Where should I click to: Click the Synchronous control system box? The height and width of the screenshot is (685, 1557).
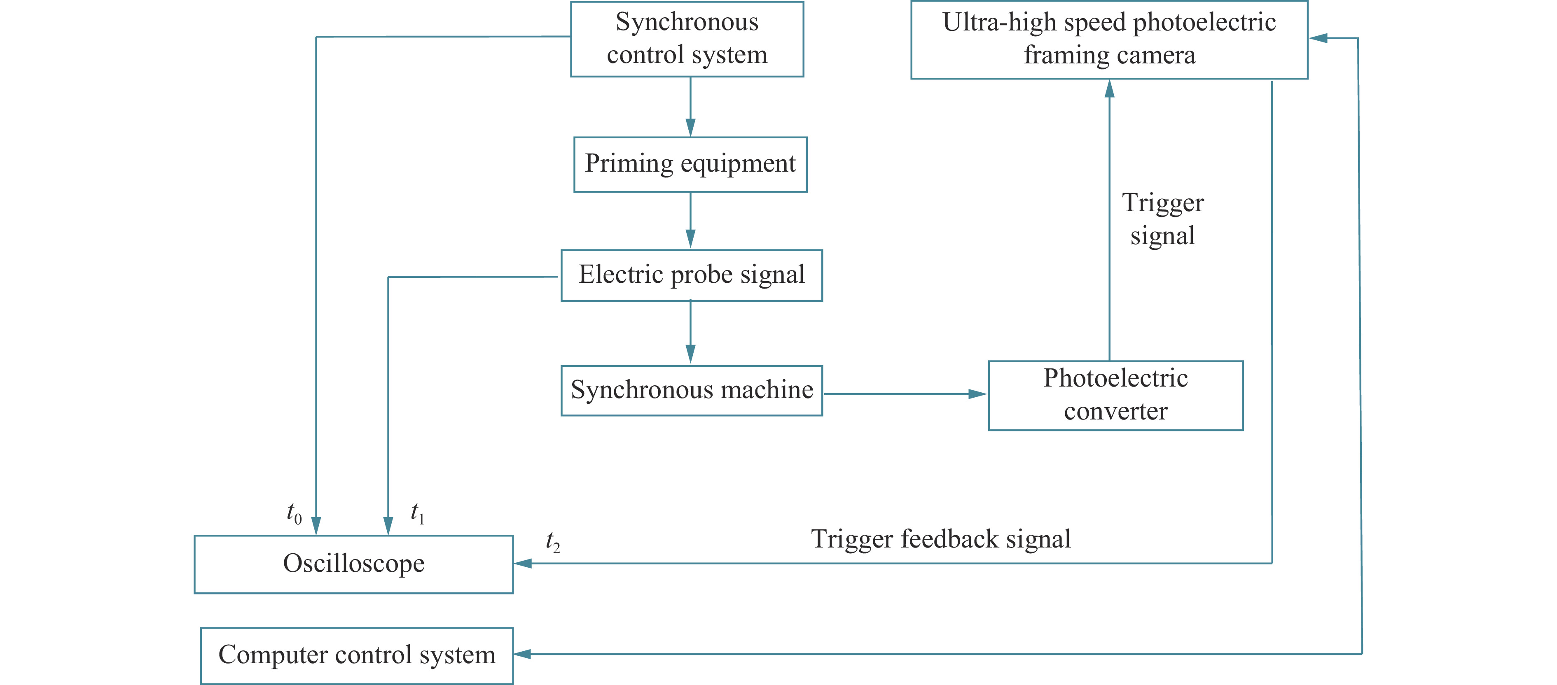[x=687, y=39]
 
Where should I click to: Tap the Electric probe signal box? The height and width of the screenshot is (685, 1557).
[x=692, y=275]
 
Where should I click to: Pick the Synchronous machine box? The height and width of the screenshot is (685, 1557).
[x=692, y=391]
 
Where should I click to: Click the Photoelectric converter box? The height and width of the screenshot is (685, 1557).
[x=1116, y=396]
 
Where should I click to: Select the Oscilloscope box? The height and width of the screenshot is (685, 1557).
[x=353, y=564]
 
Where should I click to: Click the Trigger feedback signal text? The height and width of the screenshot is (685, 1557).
[x=941, y=539]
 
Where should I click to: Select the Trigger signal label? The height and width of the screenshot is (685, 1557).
[x=1163, y=219]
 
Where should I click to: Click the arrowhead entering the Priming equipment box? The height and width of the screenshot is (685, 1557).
[x=690, y=128]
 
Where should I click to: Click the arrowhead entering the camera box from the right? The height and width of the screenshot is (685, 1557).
[x=1318, y=38]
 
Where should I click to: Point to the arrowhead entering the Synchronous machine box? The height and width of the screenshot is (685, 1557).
[x=690, y=354]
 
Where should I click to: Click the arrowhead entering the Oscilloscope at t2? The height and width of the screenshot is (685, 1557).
[x=523, y=564]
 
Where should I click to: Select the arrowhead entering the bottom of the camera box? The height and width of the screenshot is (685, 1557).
[x=1109, y=89]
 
